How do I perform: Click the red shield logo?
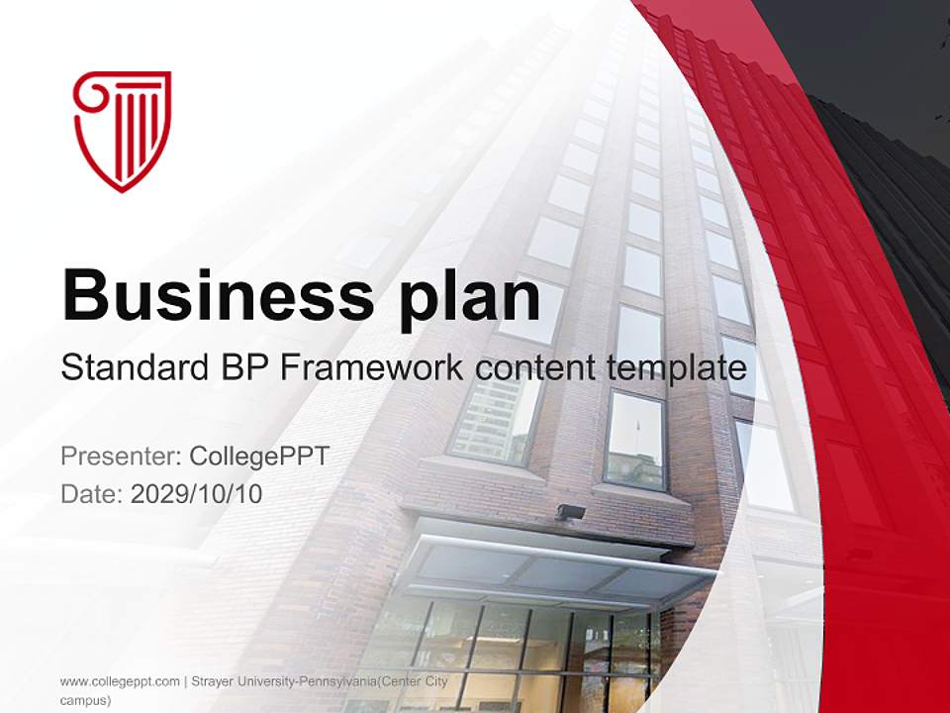coord(123,130)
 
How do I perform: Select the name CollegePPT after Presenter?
coord(259,457)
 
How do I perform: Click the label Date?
coord(91,494)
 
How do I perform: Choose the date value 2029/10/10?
coord(196,494)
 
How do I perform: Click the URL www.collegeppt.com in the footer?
coord(120,681)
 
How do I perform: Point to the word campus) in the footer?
coord(85,700)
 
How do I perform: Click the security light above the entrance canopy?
coord(571,512)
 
